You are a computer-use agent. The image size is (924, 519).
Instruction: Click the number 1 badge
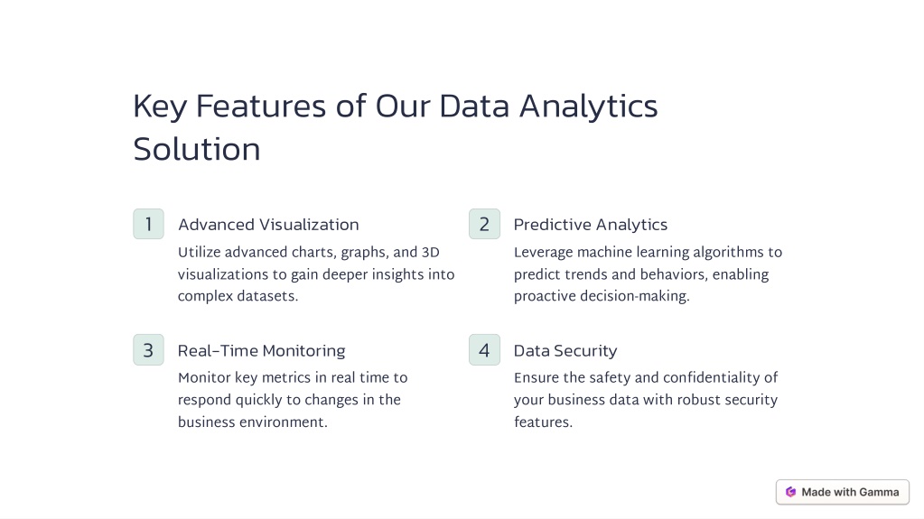148,224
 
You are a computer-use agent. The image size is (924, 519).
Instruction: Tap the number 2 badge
484,224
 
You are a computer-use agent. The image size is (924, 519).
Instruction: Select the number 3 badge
148,350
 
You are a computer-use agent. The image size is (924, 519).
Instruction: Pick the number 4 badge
484,350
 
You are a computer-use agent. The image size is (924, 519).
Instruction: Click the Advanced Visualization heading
268,225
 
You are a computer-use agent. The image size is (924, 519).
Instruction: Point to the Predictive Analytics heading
591,225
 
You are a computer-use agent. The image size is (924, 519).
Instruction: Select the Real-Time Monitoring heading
262,350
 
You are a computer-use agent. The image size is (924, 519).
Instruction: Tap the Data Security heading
565,350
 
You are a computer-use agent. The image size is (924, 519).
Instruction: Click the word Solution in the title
197,149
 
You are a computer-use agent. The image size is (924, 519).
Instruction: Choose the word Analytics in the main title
588,107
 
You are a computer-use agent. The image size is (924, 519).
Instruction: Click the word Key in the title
160,107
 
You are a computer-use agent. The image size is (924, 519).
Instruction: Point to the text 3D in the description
431,252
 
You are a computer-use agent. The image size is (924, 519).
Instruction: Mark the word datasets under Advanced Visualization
267,296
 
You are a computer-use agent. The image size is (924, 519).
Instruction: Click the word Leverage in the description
544,253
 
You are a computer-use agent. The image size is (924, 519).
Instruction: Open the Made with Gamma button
843,492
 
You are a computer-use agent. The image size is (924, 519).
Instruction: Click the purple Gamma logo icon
791,492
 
